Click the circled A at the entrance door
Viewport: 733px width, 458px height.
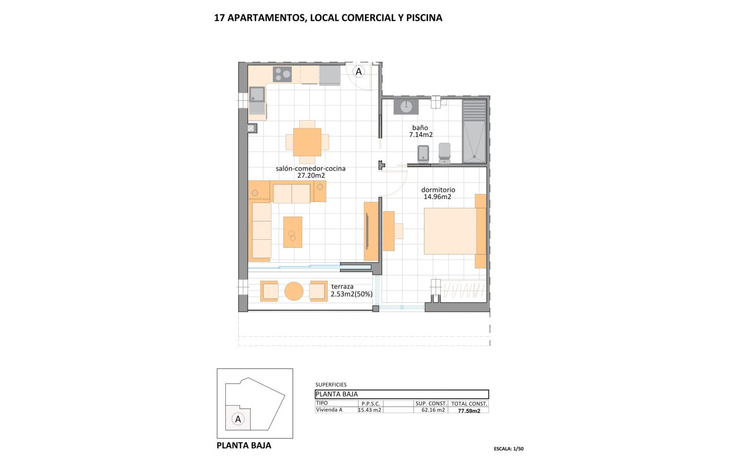tap(358, 71)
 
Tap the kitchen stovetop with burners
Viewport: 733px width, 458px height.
tap(282, 74)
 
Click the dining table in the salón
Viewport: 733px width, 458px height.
tap(307, 142)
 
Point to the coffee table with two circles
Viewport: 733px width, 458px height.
tap(293, 232)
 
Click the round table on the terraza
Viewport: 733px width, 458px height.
tap(294, 291)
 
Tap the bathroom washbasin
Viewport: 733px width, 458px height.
tap(406, 106)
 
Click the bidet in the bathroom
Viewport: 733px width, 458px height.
tap(424, 154)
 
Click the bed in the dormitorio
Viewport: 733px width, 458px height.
tap(452, 231)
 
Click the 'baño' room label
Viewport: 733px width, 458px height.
tap(420, 128)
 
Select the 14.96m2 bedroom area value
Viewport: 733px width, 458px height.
tap(437, 197)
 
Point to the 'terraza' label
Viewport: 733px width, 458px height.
tap(343, 287)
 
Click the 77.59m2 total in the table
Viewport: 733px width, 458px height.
tap(469, 410)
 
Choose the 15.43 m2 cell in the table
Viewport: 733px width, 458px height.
tap(370, 410)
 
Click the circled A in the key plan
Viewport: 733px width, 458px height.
tap(238, 419)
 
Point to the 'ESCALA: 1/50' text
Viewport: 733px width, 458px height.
tap(508, 449)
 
